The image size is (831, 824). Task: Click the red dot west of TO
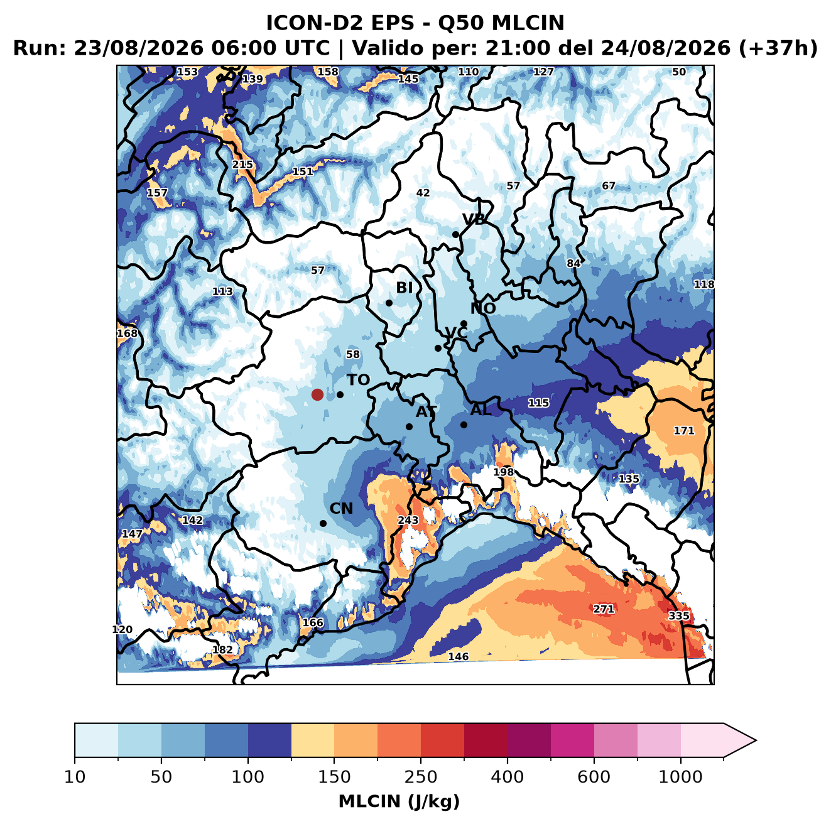pyautogui.click(x=317, y=394)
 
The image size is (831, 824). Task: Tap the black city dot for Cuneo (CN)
pyautogui.click(x=323, y=523)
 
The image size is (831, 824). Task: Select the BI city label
pyautogui.click(x=405, y=288)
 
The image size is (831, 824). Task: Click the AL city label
pyautogui.click(x=481, y=409)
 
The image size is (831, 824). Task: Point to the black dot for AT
pyautogui.click(x=410, y=426)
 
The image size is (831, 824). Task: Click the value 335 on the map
pyautogui.click(x=679, y=615)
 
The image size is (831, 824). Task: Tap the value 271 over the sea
pyautogui.click(x=603, y=609)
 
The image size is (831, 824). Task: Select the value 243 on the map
pyautogui.click(x=408, y=520)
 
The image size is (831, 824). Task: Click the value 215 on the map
pyautogui.click(x=243, y=165)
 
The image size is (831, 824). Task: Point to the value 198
pyautogui.click(x=504, y=472)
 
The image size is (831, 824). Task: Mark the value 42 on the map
pyautogui.click(x=423, y=193)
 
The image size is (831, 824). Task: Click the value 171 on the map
pyautogui.click(x=684, y=430)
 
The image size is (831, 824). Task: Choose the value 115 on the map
pyautogui.click(x=539, y=403)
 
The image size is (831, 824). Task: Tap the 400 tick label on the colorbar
pyautogui.click(x=507, y=778)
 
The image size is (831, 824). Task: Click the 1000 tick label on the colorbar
pyautogui.click(x=680, y=778)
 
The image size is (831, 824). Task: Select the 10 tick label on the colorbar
pyautogui.click(x=75, y=778)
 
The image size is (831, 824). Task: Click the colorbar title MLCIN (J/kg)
pyautogui.click(x=399, y=801)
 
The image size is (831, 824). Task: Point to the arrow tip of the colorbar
pyautogui.click(x=756, y=740)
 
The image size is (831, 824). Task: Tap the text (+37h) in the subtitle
pyautogui.click(x=778, y=48)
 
